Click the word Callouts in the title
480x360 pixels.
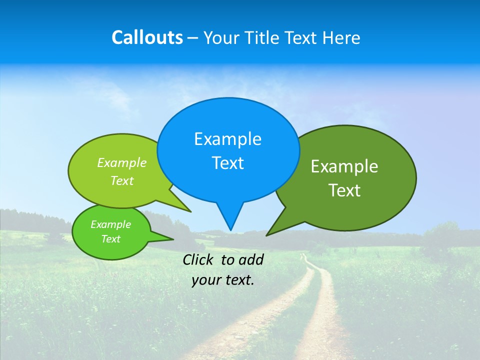[147, 37]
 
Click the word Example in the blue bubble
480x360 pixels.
[227, 139]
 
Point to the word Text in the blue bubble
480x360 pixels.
[227, 163]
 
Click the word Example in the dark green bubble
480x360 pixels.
[344, 166]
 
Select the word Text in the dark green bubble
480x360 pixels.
[344, 190]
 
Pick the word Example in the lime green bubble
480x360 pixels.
[122, 163]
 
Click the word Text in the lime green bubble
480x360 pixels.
[122, 181]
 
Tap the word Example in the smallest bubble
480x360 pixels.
[110, 224]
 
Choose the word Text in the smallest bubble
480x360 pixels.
[110, 239]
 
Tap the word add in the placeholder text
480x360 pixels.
[251, 259]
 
